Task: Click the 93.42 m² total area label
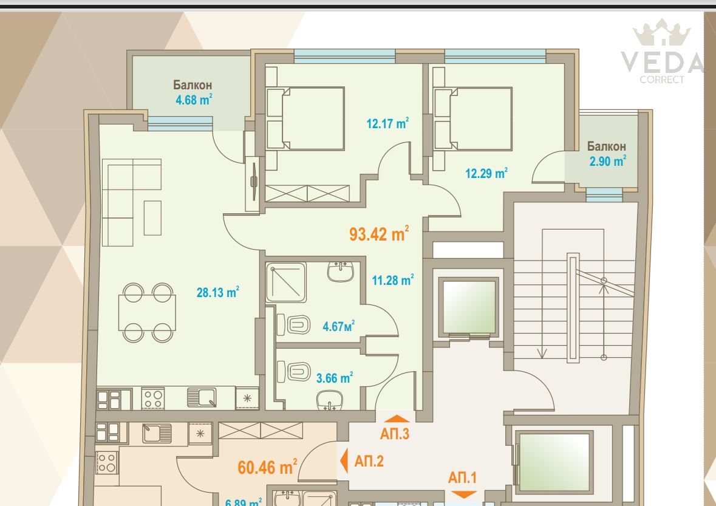pos(378,233)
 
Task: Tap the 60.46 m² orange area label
pos(267,467)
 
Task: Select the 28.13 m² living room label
pos(218,292)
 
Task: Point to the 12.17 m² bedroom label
pos(387,123)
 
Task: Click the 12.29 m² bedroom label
pos(486,173)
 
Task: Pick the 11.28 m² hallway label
pos(393,279)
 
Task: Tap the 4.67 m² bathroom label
pos(338,326)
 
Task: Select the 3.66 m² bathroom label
pos(334,378)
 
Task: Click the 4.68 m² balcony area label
pos(194,100)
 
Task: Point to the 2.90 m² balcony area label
pos(607,161)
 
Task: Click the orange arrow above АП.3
pos(397,419)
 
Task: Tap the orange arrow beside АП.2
pos(344,460)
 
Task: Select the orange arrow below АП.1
pos(464,494)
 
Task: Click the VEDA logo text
pos(662,62)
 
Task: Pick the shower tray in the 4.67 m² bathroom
pos(286,282)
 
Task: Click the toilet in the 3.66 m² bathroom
pos(293,372)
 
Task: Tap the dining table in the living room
pos(147,313)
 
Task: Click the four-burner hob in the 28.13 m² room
pos(153,398)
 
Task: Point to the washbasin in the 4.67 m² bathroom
pos(340,272)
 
